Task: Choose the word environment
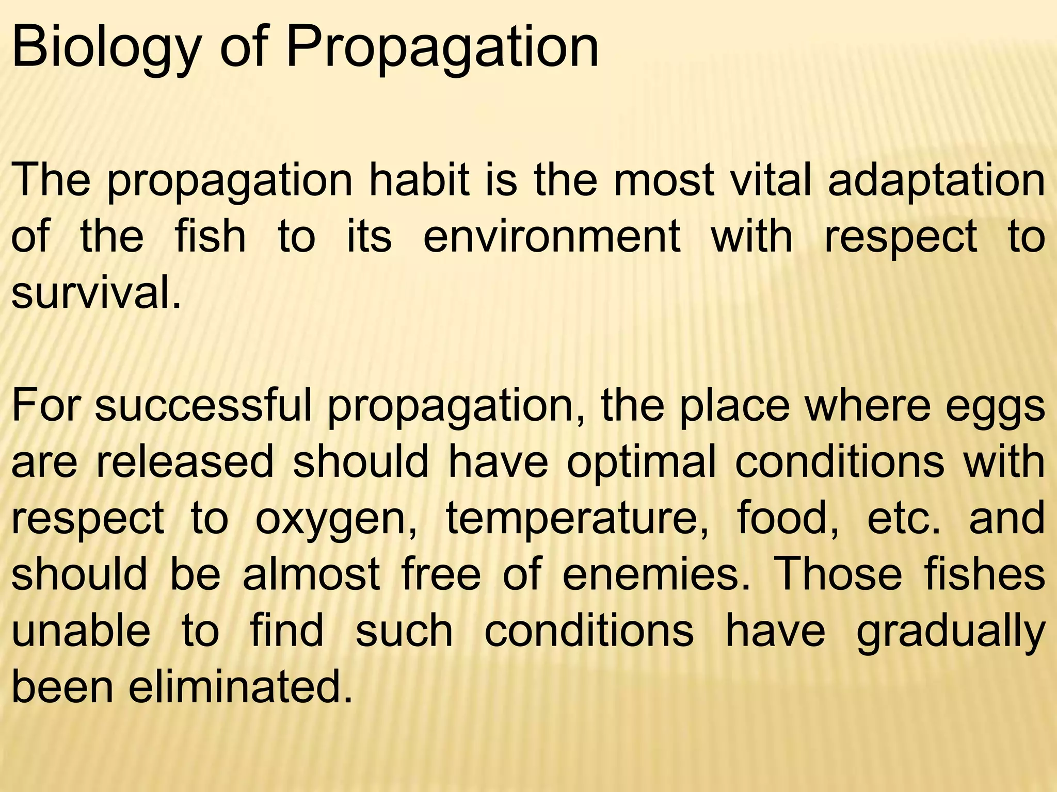pos(552,237)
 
